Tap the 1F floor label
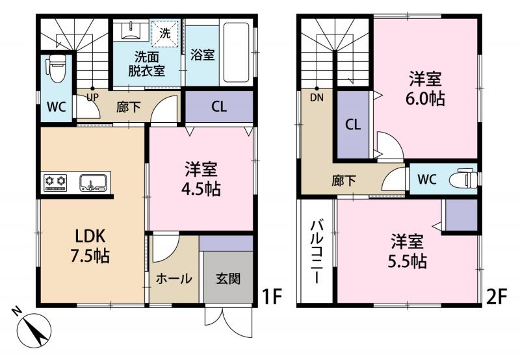[x=272, y=297]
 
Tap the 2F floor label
[x=497, y=297]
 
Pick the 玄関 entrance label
[x=228, y=279]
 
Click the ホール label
[x=174, y=279]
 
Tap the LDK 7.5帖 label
[x=90, y=246]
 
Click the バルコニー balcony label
[x=317, y=251]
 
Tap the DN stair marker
[x=317, y=97]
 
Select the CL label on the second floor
[x=353, y=125]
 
